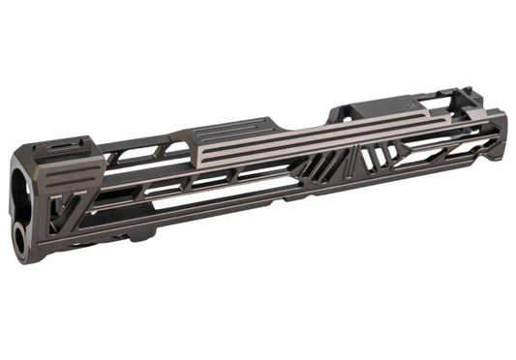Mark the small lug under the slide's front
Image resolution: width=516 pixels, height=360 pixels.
tap(136, 237)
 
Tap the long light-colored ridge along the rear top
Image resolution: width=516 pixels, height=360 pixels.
tap(319, 135)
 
